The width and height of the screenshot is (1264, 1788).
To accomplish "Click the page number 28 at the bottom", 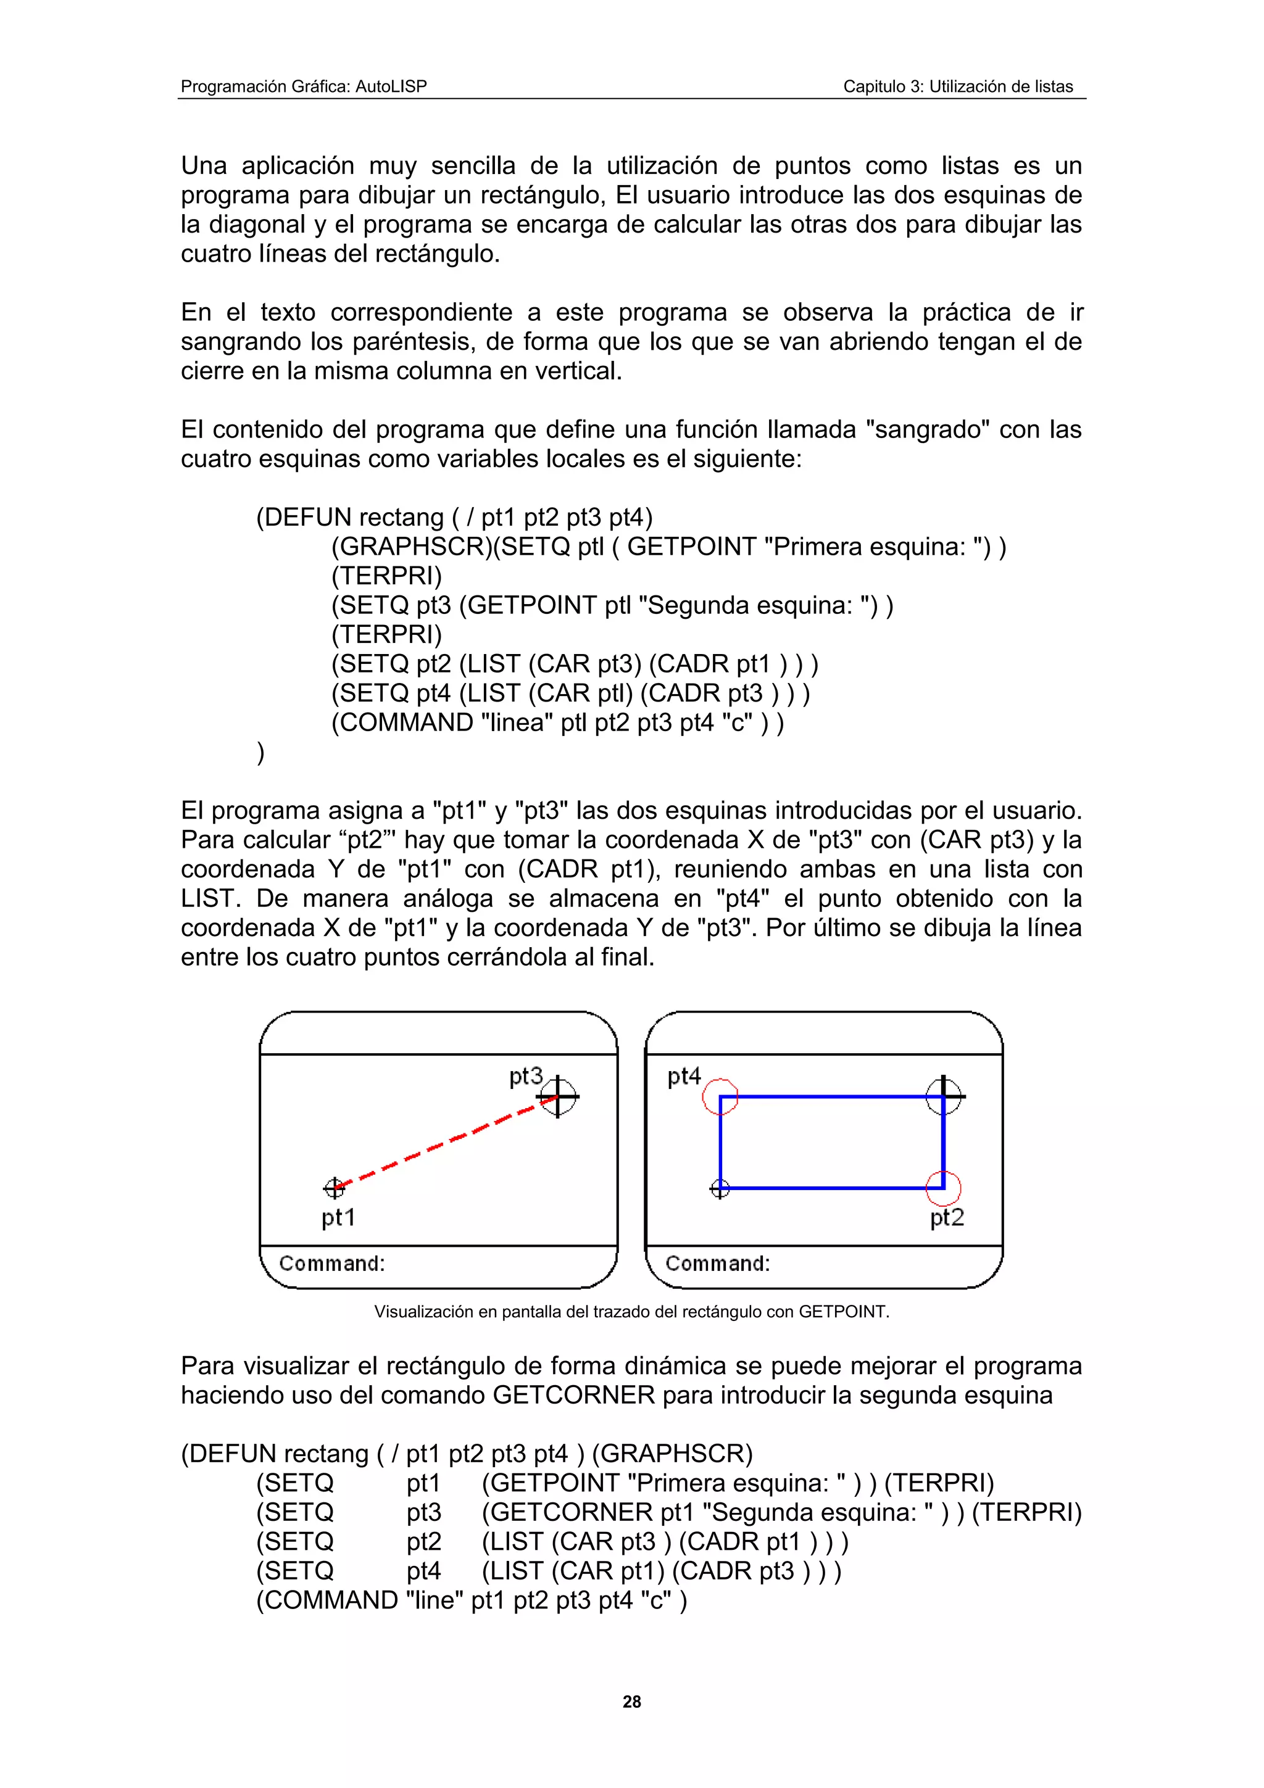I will tap(631, 1702).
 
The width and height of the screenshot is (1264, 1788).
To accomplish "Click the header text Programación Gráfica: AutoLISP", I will tap(304, 86).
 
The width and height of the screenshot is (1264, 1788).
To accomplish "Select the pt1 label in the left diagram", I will tap(338, 1217).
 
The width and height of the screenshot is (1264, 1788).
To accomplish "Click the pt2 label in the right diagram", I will tap(947, 1217).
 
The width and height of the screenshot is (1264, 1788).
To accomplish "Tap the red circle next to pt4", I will tap(720, 1096).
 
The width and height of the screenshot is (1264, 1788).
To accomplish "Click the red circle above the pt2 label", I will tap(943, 1188).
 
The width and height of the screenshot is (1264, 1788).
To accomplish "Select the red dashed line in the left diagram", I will tap(444, 1143).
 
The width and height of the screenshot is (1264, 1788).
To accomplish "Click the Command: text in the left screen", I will tap(332, 1263).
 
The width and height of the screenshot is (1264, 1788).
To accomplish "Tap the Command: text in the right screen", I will tap(717, 1263).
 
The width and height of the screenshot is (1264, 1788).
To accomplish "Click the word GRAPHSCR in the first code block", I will tap(412, 547).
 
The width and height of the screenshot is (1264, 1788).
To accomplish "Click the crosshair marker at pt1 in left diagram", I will tap(334, 1188).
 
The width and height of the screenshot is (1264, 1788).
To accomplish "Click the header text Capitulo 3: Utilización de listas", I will tap(958, 86).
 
